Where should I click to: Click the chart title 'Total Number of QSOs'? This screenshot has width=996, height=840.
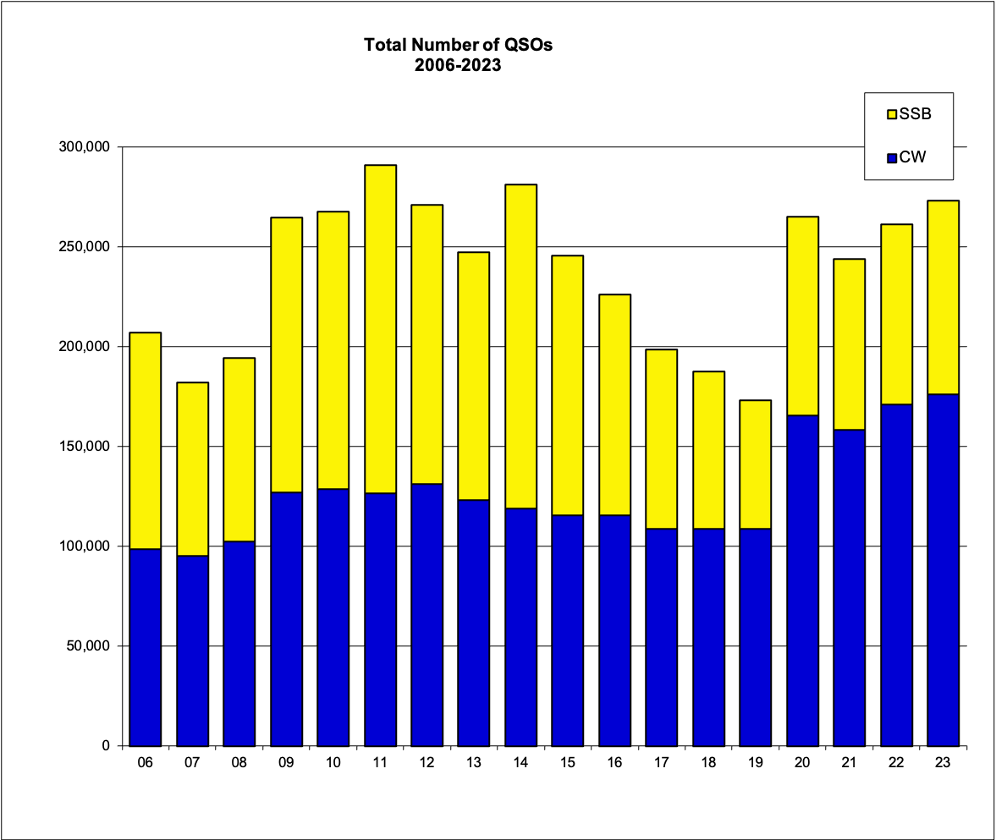click(x=458, y=45)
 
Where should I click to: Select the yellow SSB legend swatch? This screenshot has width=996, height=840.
click(x=891, y=113)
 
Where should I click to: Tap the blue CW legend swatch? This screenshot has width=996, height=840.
click(x=891, y=156)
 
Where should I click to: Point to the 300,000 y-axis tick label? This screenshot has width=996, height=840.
click(x=87, y=147)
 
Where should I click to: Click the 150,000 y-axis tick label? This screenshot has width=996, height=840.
click(x=87, y=447)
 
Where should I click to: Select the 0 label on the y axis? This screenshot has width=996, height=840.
click(x=106, y=746)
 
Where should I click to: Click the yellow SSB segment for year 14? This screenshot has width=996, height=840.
click(x=520, y=346)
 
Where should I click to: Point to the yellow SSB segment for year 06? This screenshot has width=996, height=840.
click(x=146, y=440)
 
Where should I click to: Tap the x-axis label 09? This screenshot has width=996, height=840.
click(x=286, y=763)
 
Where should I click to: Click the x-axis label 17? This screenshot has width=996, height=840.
click(x=661, y=763)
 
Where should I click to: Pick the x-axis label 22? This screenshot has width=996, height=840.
click(x=896, y=763)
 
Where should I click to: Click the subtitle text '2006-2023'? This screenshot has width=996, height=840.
click(x=458, y=65)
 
